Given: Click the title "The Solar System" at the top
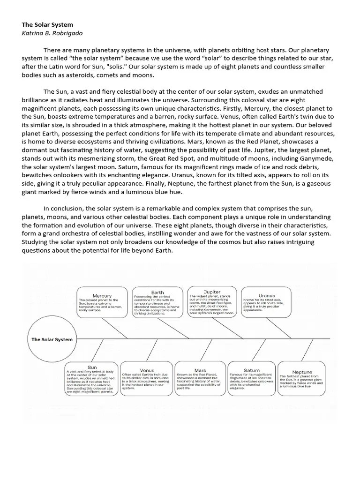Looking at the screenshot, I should (x=47, y=24).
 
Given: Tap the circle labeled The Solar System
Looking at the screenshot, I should (x=52, y=339).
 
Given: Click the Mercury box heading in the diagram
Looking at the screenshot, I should (x=102, y=296).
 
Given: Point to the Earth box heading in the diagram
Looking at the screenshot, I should (x=157, y=292).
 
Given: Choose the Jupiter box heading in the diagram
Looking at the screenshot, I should (x=212, y=292).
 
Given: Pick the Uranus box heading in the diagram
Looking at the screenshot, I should (x=267, y=296).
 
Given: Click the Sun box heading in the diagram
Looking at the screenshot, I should (x=92, y=367).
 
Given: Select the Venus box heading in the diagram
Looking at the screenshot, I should (x=147, y=370).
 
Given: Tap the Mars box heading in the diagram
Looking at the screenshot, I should (x=200, y=370).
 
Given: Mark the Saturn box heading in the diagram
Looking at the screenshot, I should (x=252, y=370).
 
